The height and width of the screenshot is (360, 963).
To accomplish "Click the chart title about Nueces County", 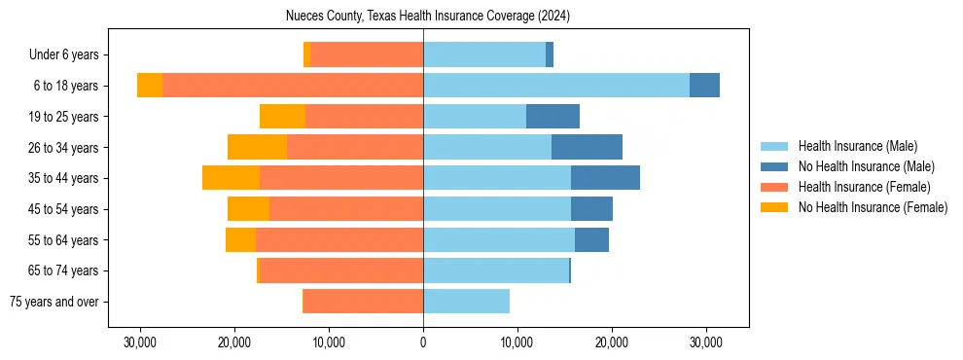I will click(428, 17).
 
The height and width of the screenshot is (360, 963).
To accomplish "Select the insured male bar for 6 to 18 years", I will click(555, 86).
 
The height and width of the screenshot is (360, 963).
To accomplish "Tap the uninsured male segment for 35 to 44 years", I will click(605, 178).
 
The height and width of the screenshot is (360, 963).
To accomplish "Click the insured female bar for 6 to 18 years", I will click(292, 86).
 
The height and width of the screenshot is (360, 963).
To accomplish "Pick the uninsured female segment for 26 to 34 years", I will click(257, 147).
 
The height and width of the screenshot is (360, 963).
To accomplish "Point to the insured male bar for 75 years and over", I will click(466, 302).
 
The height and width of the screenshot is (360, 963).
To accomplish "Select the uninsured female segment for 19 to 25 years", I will click(282, 117).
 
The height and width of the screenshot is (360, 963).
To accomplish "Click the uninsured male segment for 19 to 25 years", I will click(553, 117).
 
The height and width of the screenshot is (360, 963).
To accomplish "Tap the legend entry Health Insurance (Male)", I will click(857, 146).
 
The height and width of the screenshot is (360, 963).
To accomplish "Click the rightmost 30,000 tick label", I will click(705, 343).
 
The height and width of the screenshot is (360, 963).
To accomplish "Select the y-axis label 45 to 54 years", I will click(63, 209).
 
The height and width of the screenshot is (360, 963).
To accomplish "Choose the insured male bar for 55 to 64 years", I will click(499, 239).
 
